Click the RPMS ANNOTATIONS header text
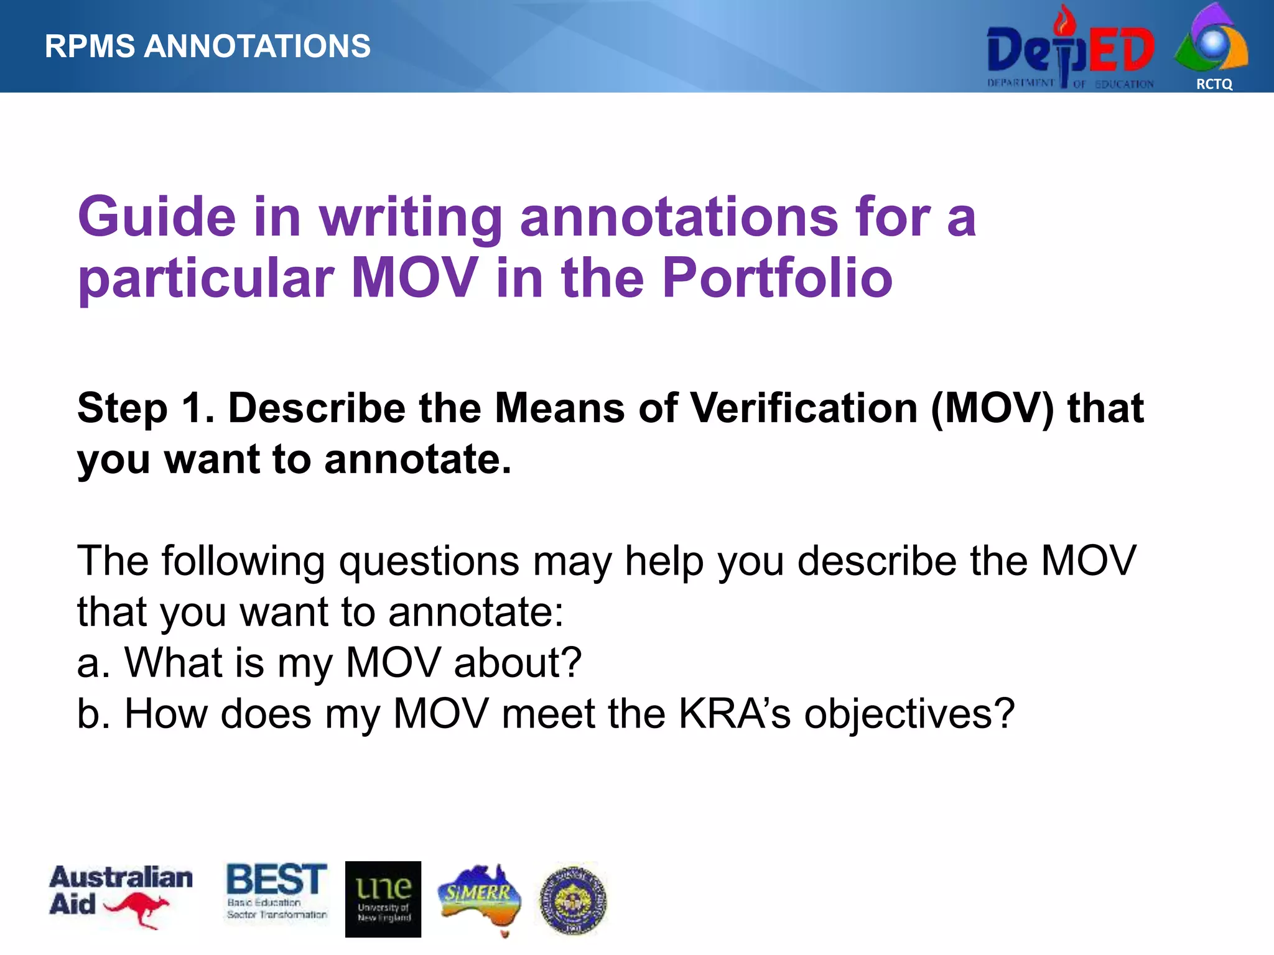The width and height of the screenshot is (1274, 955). point(207,47)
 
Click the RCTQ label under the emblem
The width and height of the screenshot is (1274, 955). point(1214,84)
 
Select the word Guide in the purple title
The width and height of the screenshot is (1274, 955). point(157,217)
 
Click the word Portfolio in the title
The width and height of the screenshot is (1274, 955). point(777,278)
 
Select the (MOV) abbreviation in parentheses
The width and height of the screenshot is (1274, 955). point(992,408)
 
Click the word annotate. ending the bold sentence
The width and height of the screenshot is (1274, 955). point(417,459)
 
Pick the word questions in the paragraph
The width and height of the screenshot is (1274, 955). point(429,561)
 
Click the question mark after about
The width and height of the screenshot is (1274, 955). point(571,663)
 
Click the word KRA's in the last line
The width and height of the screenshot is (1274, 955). point(734,714)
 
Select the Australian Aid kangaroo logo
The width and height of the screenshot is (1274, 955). point(121,896)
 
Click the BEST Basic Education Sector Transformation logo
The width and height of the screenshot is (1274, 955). point(277,891)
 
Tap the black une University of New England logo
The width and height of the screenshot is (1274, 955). point(383,899)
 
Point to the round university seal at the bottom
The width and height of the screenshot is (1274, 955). point(573,900)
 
